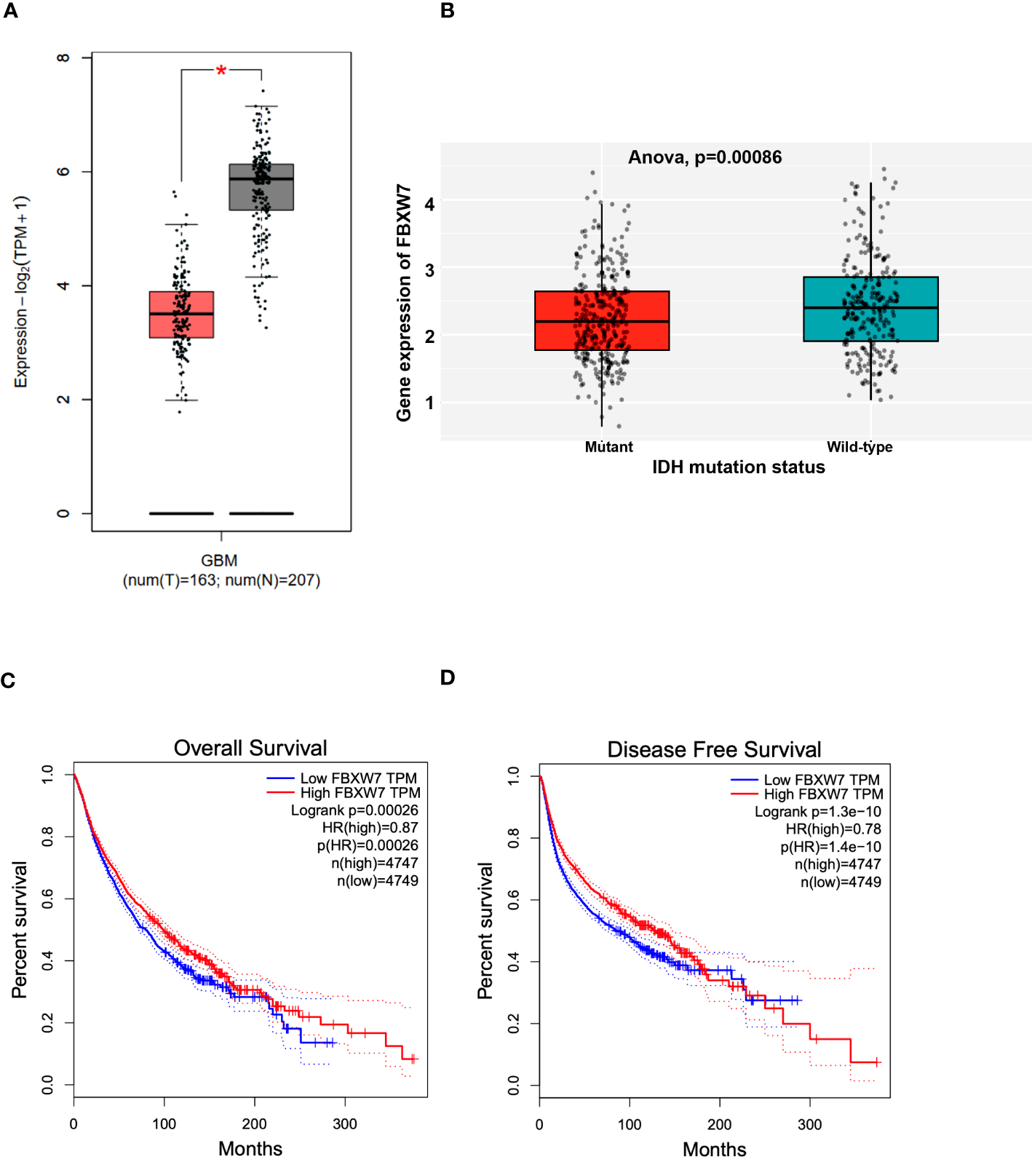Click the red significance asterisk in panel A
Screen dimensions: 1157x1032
click(221, 71)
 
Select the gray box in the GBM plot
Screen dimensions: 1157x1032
click(261, 188)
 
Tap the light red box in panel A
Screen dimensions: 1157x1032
click(181, 315)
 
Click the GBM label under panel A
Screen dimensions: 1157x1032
click(219, 561)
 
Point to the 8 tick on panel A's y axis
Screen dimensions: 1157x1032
click(63, 58)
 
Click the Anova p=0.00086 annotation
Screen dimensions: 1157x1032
click(704, 157)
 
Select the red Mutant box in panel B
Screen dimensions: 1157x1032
click(602, 321)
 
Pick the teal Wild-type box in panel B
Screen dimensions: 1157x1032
click(870, 309)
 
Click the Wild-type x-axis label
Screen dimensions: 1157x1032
click(860, 447)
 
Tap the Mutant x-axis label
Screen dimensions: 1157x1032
click(608, 447)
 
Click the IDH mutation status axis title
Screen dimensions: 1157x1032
click(738, 467)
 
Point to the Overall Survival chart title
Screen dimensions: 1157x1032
click(250, 748)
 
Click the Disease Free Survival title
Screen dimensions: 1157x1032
click(714, 749)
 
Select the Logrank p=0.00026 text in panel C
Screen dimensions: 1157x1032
click(354, 810)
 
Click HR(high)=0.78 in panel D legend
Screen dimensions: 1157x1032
click(833, 829)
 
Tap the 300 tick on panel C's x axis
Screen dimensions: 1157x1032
click(345, 1124)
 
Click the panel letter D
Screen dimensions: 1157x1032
click(448, 678)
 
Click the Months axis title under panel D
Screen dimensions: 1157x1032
click(714, 1148)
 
